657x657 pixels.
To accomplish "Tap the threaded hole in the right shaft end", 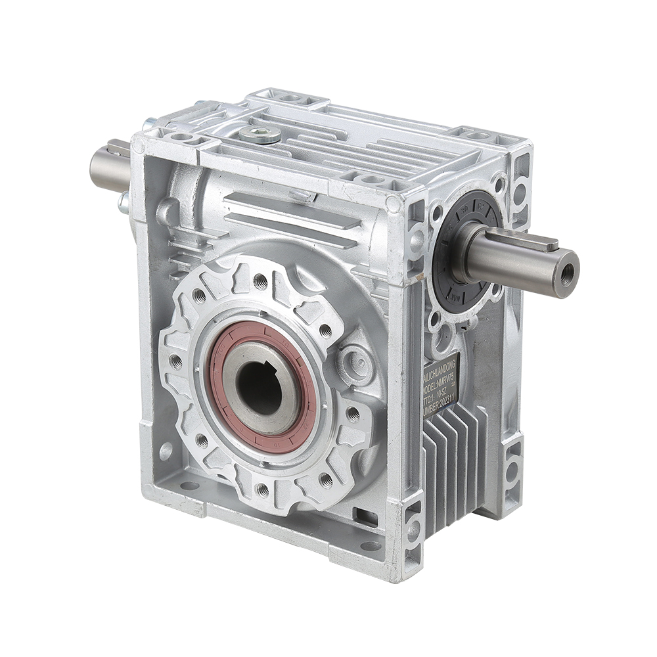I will pos(566,270).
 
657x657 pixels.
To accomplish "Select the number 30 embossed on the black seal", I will pos(464,210).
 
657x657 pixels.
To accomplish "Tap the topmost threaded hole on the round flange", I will pos(260,281).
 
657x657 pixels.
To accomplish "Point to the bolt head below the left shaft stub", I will pos(123,202).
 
